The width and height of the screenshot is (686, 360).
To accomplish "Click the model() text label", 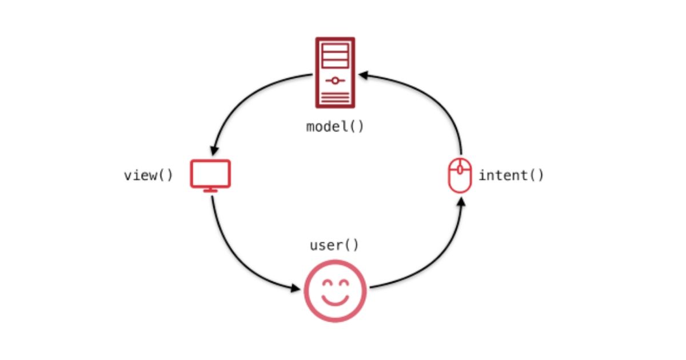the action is pos(335,127).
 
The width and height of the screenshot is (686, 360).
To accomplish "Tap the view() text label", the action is pos(148,175).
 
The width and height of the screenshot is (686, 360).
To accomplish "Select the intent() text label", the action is pos(511,175).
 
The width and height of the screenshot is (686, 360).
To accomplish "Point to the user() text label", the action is pos(334,245).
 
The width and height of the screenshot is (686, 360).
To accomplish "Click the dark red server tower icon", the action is pos(335,73).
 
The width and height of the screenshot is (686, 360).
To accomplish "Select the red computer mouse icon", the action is pos(460,175).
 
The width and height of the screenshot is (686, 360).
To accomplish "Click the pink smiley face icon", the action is pos(335,290).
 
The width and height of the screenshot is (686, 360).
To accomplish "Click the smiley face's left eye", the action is pos(328,283).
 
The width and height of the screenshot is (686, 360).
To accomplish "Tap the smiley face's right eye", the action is pos(344,283).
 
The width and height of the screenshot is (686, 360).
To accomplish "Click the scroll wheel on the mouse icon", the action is pos(460,169).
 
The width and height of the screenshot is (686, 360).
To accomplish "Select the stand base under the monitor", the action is pos(210,190).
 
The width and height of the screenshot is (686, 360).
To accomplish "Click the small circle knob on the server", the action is pos(335,81).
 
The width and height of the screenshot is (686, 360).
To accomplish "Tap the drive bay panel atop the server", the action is pos(335,56).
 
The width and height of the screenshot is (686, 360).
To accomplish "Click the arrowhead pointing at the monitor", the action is pos(214,150).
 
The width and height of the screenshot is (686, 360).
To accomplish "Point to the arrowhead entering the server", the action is pos(363,75).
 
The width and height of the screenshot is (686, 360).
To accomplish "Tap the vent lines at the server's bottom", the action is pos(335,98).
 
